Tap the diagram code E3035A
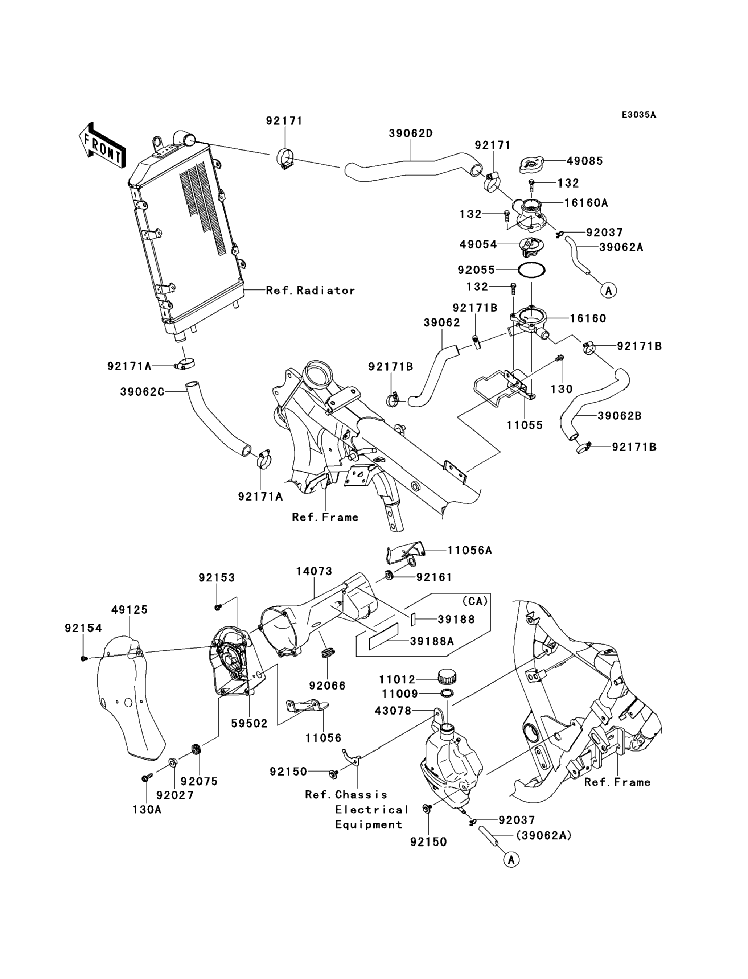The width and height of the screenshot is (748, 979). point(639,115)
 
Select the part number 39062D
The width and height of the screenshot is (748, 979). point(411,133)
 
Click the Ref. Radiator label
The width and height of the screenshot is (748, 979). point(310,290)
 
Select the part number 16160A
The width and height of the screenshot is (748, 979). point(586,203)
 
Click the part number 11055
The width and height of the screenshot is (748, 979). point(525,425)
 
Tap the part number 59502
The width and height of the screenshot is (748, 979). point(249,723)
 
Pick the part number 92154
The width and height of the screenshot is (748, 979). point(83,628)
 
